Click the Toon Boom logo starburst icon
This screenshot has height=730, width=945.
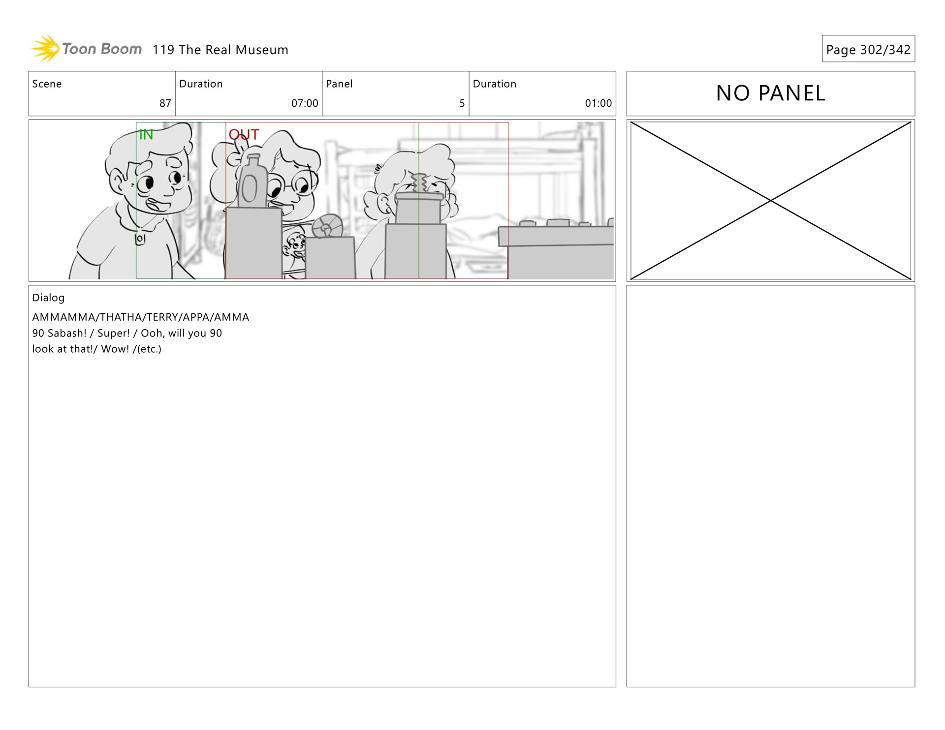pyautogui.click(x=45, y=49)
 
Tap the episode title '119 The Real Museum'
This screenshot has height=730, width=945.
pyautogui.click(x=220, y=50)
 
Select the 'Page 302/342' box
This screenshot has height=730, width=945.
pyautogui.click(x=868, y=49)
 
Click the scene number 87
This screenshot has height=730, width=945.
pyautogui.click(x=165, y=103)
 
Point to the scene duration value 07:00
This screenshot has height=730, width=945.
pyautogui.click(x=305, y=103)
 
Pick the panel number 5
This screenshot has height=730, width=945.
pyautogui.click(x=462, y=103)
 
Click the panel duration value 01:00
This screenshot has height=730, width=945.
pyautogui.click(x=598, y=103)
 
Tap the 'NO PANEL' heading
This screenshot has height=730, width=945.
pyautogui.click(x=771, y=93)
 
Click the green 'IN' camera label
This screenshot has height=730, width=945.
pyautogui.click(x=146, y=134)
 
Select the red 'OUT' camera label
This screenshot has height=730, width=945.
pyautogui.click(x=244, y=134)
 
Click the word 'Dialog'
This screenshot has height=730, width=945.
pyautogui.click(x=48, y=298)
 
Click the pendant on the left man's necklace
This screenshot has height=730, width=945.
pyautogui.click(x=140, y=239)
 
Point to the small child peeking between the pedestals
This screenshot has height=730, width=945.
pyautogui.click(x=295, y=246)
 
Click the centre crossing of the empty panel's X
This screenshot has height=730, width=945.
pyautogui.click(x=771, y=201)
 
